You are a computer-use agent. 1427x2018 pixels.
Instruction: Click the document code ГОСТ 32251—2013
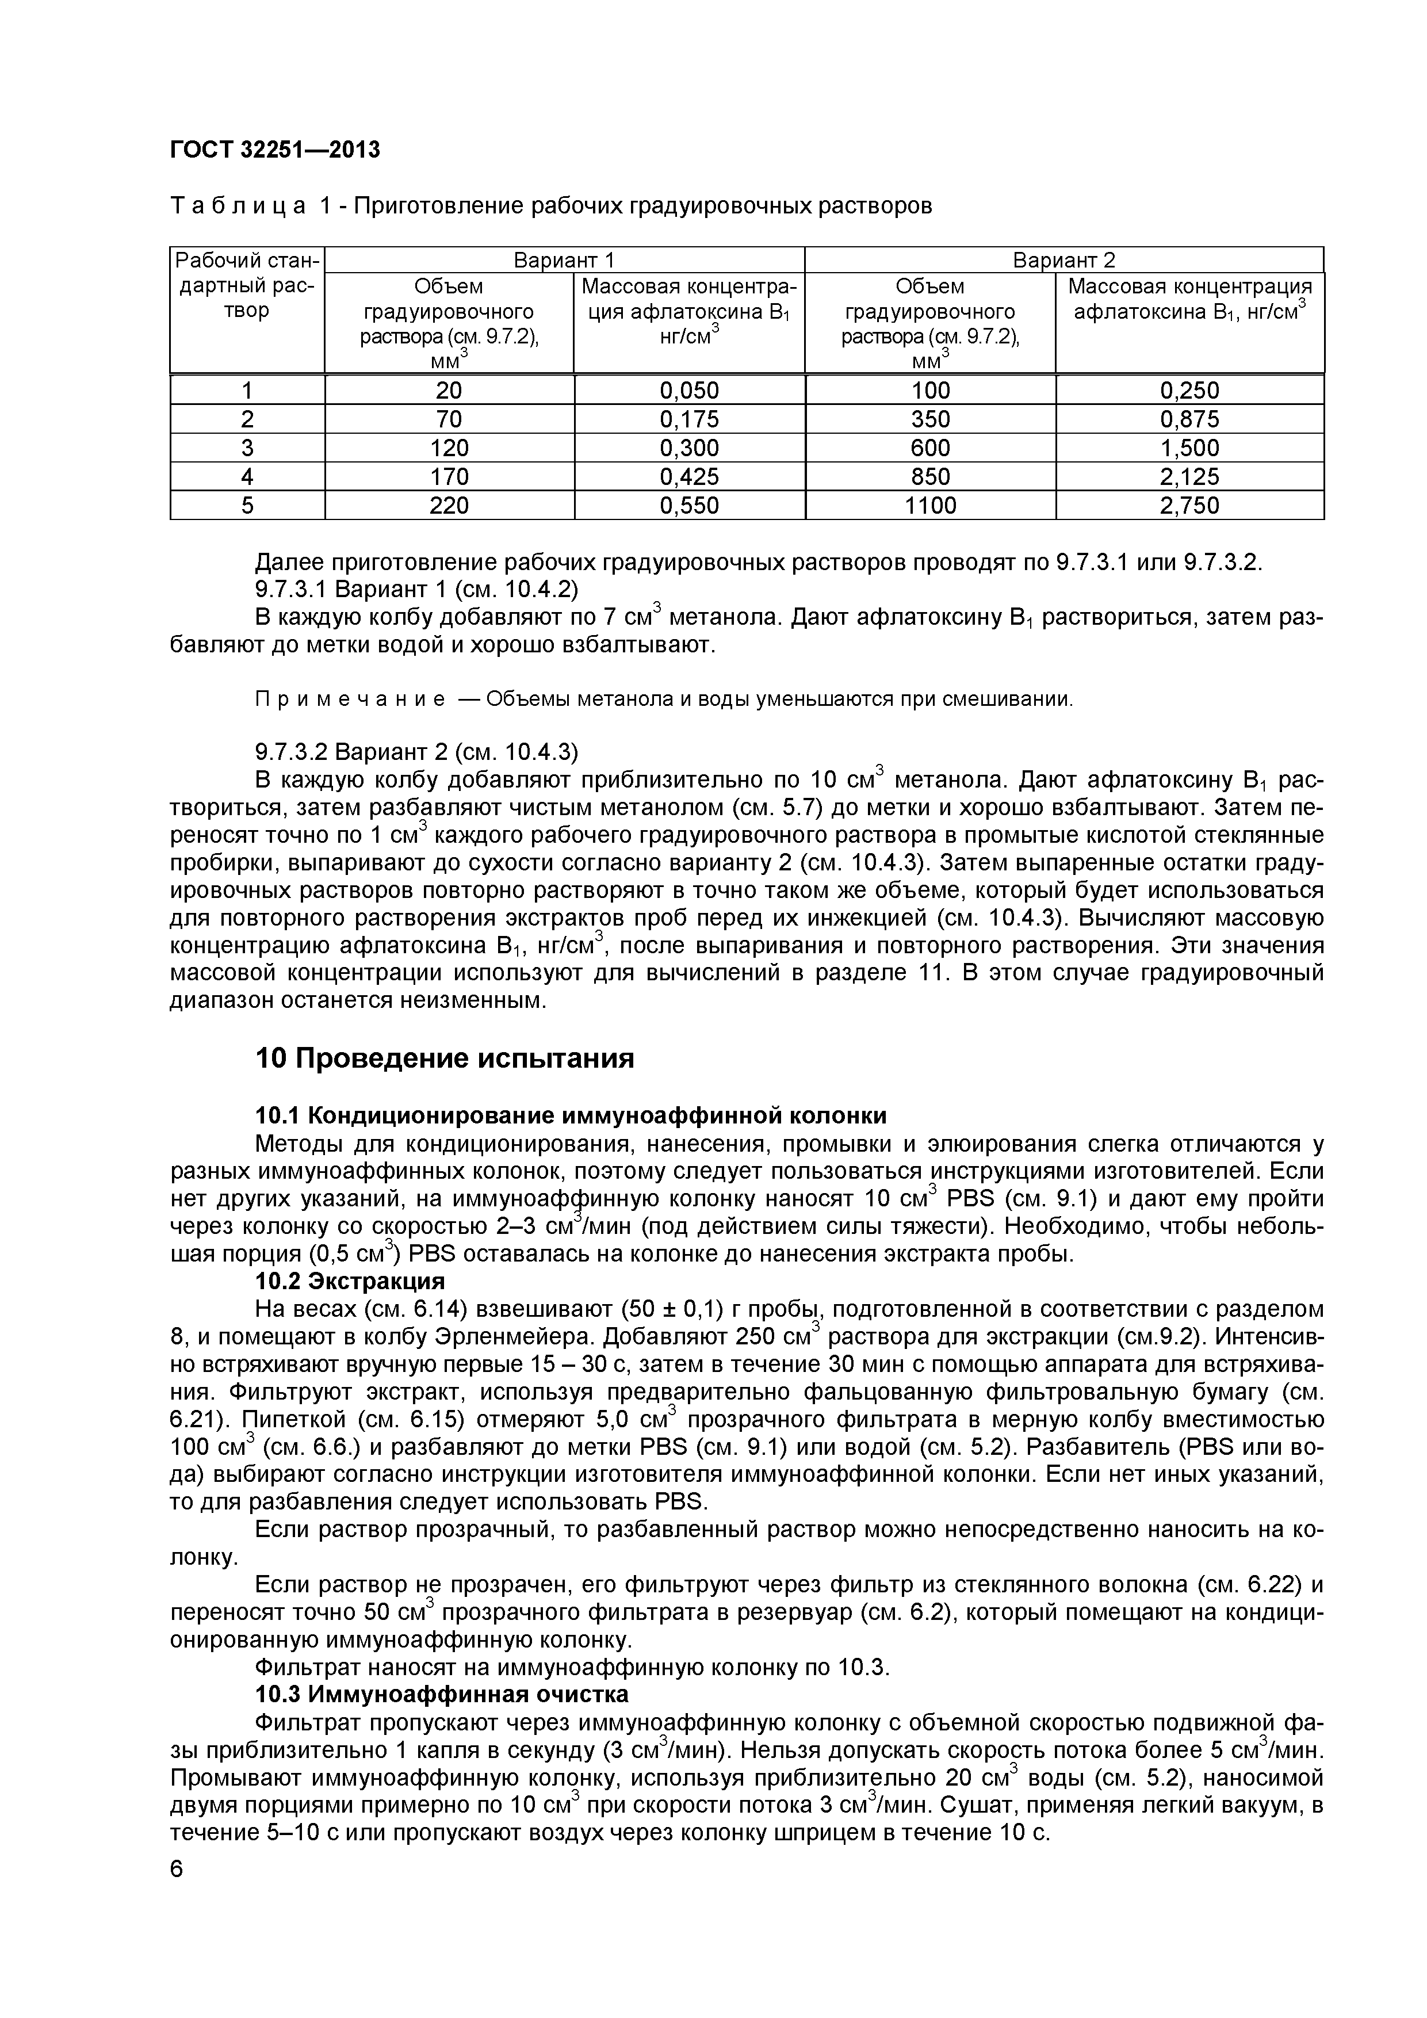click(274, 150)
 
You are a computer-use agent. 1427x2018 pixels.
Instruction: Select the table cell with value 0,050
click(689, 390)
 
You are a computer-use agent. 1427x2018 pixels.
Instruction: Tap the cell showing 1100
click(931, 506)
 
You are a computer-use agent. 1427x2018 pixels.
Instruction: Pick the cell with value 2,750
click(1190, 506)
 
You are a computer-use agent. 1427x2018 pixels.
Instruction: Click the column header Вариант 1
click(564, 260)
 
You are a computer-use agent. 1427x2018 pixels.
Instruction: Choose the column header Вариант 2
click(1063, 260)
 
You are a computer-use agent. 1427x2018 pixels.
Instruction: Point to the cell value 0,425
click(689, 476)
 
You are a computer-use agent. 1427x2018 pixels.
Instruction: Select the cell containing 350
click(931, 419)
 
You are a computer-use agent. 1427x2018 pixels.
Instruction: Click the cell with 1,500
click(1190, 448)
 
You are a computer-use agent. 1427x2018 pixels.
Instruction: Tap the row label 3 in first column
click(247, 448)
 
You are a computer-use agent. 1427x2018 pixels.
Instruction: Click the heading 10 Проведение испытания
click(443, 1058)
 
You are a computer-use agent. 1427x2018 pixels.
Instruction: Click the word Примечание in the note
click(350, 700)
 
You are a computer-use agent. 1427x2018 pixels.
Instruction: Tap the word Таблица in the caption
click(237, 206)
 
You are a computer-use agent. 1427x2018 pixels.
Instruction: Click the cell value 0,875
click(1190, 419)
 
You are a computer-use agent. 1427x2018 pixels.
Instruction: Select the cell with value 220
click(449, 506)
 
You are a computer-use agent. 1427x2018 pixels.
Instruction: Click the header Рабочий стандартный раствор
click(247, 286)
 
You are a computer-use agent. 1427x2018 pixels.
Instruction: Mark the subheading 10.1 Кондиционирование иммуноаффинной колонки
click(570, 1115)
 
